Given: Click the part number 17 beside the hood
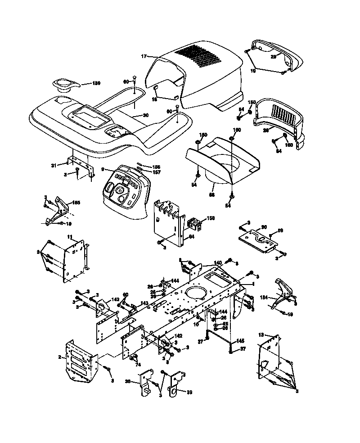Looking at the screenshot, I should [x=144, y=56].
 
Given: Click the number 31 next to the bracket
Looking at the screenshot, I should [x=54, y=165].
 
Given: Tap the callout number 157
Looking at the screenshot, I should [x=157, y=172].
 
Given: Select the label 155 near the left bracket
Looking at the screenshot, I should [x=76, y=203].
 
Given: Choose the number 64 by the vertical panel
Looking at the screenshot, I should [x=191, y=236].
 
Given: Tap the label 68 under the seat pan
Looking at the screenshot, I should [x=211, y=195].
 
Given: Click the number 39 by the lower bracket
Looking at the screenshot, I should [x=189, y=392].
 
